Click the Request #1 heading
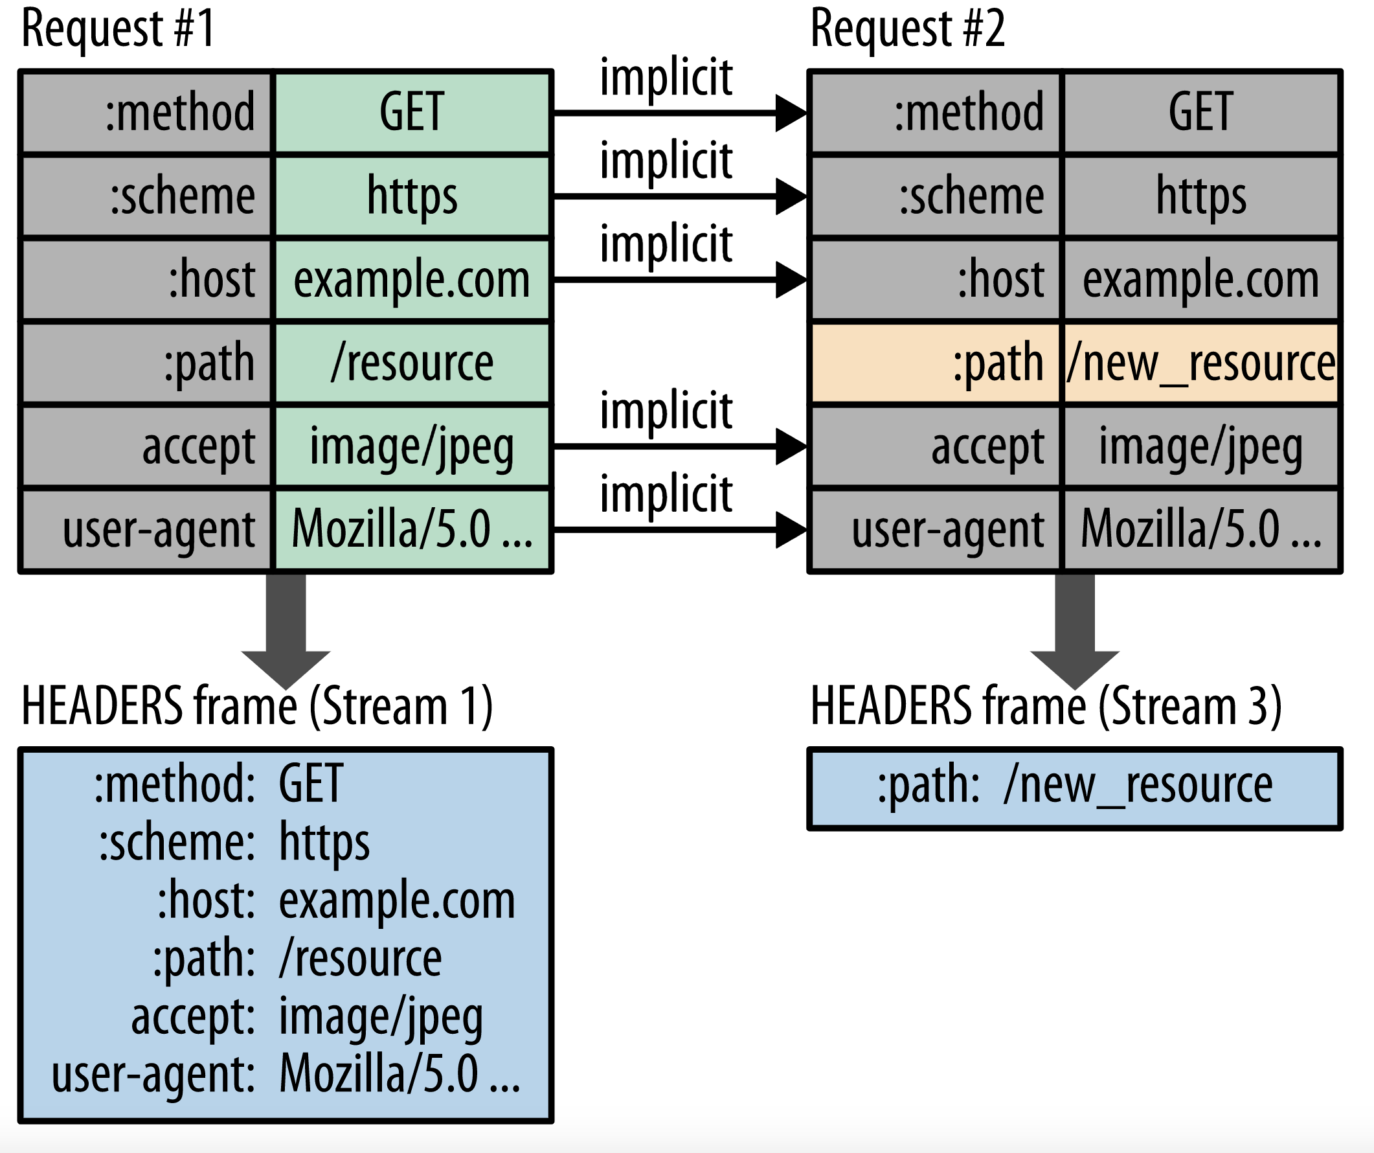(118, 29)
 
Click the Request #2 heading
(908, 29)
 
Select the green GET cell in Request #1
(412, 113)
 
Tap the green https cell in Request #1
(412, 196)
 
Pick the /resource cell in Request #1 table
(412, 363)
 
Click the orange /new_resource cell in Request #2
(1200, 363)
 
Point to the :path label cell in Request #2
(936, 363)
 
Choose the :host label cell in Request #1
(146, 279)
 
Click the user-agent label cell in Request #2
(936, 529)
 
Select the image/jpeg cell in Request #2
(1200, 446)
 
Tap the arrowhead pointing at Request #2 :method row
(791, 113)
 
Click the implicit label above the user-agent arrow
(666, 494)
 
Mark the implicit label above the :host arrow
(666, 244)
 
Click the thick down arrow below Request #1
(286, 628)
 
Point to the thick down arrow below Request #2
(1075, 628)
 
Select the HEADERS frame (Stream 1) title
(257, 707)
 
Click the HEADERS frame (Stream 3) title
(1046, 707)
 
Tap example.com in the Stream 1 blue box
(397, 900)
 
